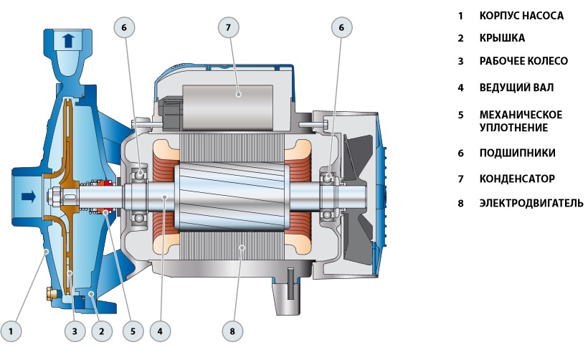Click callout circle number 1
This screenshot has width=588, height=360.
click(16, 331)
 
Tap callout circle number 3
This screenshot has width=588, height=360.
click(74, 331)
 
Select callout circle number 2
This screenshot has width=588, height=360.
click(103, 331)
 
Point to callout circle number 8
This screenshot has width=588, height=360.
click(232, 331)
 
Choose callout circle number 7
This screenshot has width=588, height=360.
click(228, 28)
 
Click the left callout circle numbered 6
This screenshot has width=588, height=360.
click(123, 28)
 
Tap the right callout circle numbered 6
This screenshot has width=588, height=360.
click(341, 28)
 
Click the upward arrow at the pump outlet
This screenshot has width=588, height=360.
click(68, 40)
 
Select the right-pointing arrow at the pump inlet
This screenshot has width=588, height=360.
click(27, 196)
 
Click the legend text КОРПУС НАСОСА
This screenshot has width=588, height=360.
click(521, 15)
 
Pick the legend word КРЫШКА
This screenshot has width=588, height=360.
click(502, 38)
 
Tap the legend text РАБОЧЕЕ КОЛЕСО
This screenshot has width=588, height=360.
click(523, 61)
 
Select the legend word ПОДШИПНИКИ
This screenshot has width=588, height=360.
click(517, 153)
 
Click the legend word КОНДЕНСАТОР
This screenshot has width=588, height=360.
click(517, 179)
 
